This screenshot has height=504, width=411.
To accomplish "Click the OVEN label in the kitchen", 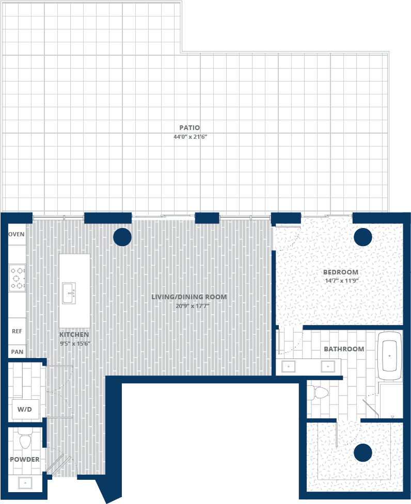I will coord(17,235).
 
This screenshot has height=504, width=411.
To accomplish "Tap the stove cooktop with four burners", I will coord(17,278).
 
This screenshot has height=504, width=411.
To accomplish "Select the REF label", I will coord(17,331).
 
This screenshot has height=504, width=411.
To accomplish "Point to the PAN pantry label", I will coord(17,352).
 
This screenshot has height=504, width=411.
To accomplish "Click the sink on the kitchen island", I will coord(69,293).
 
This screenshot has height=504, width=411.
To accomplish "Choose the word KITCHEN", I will coord(74,335).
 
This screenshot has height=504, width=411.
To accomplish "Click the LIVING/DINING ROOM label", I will coord(189,297).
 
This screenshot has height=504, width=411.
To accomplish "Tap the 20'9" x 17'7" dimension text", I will coord(192,306).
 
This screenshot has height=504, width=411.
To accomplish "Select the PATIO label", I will coord(189,127).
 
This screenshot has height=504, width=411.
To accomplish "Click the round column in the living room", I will coord(122,237).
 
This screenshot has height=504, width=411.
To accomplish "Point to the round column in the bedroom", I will coord(363,237).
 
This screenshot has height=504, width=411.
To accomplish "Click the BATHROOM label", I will coord(344,349).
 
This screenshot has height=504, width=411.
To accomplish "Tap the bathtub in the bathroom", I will coord(390,355).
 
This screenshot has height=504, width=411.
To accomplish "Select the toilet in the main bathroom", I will coord(318,393).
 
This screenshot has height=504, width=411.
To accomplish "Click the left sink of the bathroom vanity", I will coord(289,366).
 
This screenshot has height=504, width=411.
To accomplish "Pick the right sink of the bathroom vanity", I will coord(328,366).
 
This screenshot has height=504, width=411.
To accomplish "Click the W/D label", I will coord(25,410).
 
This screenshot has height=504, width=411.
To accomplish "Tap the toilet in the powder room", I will coord(25,440).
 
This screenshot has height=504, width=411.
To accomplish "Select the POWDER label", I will coord(25,460).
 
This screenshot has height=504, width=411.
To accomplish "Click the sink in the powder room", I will coord(25,483).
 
